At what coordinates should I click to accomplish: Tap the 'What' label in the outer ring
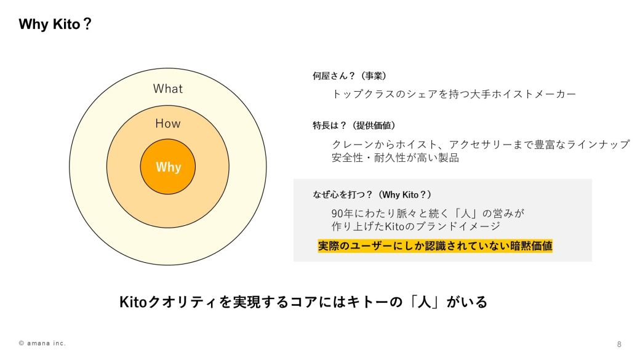(168, 89)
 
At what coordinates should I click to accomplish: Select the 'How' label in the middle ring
(168, 124)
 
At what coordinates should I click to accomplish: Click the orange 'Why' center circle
(168, 167)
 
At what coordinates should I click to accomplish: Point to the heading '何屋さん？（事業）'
(349, 76)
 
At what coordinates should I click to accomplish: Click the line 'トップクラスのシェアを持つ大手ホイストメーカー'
(454, 94)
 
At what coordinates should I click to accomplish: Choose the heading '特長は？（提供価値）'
(354, 126)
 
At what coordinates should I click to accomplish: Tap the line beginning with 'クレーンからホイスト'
(480, 144)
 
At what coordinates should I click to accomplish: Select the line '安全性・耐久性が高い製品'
(395, 158)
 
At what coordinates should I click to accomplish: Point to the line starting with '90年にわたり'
(427, 213)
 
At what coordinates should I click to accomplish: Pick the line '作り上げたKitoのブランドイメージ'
(415, 226)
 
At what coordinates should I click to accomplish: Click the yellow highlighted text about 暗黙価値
(435, 246)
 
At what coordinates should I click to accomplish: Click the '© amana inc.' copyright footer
(42, 343)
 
